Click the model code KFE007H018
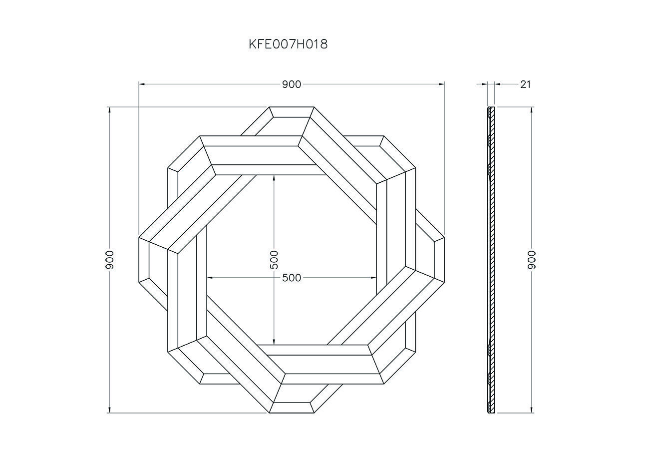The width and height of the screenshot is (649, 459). click(x=288, y=44)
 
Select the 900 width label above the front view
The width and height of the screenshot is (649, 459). click(x=292, y=84)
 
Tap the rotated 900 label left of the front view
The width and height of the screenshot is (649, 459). click(x=110, y=260)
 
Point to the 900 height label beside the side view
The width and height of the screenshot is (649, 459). click(x=532, y=260)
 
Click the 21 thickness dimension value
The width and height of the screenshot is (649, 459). click(x=525, y=84)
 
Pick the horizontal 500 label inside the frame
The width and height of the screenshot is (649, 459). click(x=292, y=278)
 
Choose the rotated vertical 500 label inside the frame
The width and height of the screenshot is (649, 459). click(x=274, y=260)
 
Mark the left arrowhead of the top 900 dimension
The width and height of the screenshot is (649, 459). click(x=141, y=84)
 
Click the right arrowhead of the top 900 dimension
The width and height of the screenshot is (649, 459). click(x=442, y=84)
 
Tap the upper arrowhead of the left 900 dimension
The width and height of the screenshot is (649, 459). click(x=109, y=109)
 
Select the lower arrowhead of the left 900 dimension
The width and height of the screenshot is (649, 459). click(x=109, y=410)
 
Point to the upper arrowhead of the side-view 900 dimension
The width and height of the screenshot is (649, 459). click(x=532, y=109)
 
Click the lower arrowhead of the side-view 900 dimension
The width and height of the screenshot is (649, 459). click(x=532, y=410)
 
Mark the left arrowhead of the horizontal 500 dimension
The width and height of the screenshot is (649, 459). click(x=209, y=278)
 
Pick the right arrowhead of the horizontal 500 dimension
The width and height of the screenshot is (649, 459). click(x=374, y=278)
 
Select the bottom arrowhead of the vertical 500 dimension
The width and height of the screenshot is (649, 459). click(x=274, y=342)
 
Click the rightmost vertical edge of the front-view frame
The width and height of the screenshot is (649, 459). click(x=444, y=260)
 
